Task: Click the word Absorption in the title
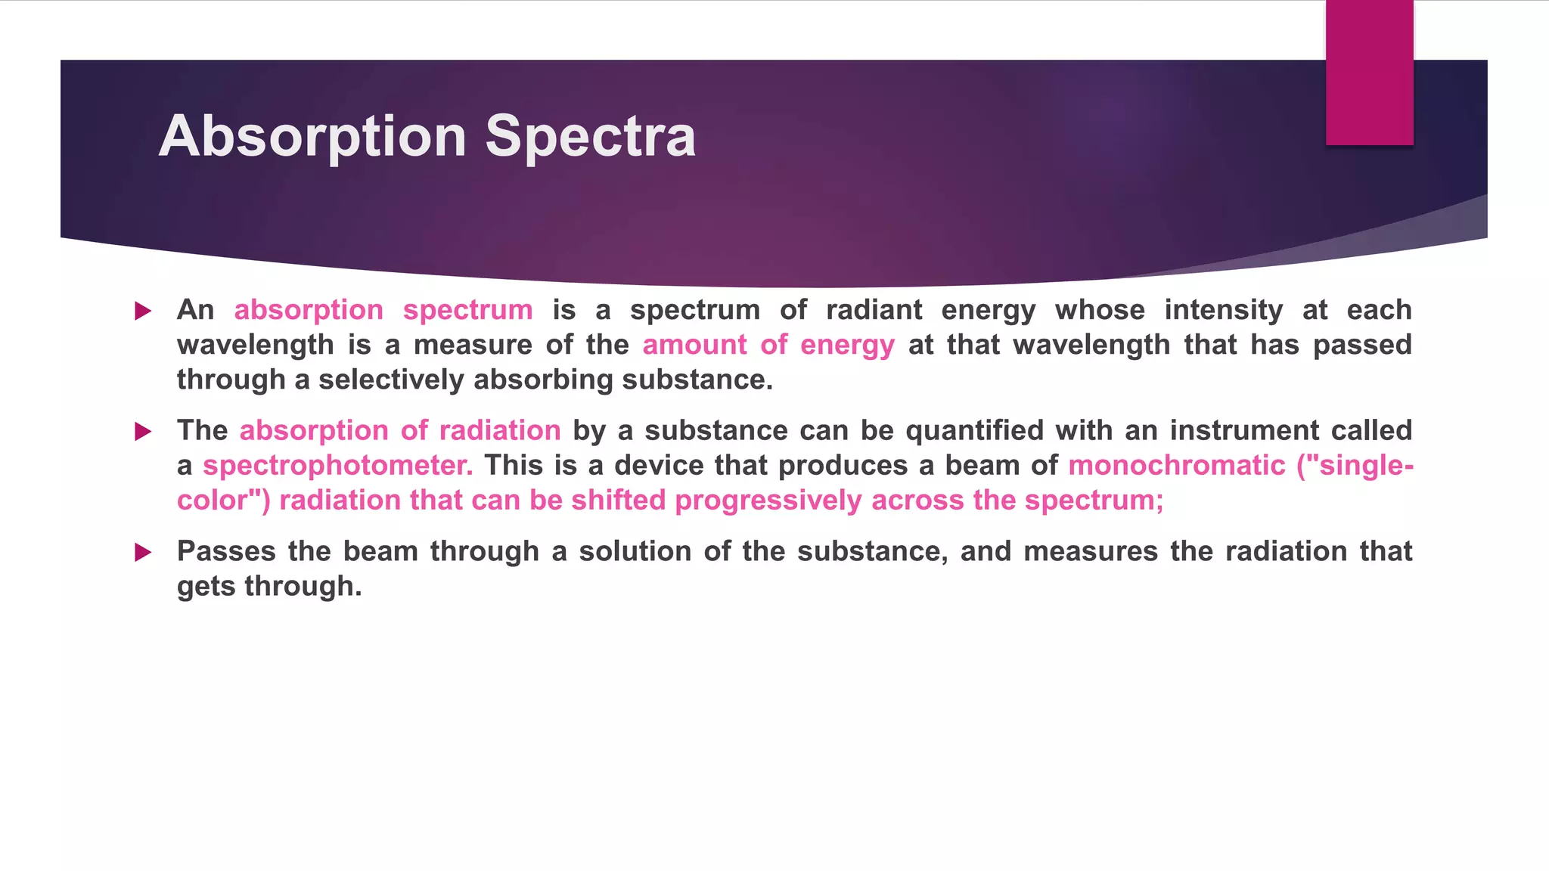click(x=312, y=137)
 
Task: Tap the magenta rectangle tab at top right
click(x=1369, y=73)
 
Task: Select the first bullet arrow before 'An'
click(x=143, y=311)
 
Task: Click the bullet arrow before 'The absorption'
click(x=143, y=432)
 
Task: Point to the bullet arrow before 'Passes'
click(x=143, y=553)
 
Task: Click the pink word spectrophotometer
click(x=337, y=466)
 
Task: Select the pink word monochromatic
click(x=1176, y=466)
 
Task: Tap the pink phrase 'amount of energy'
click(x=768, y=345)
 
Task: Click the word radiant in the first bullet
click(x=874, y=310)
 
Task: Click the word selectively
click(x=390, y=380)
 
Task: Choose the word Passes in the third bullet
click(x=226, y=551)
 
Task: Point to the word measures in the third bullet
click(x=1090, y=551)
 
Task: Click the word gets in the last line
click(x=206, y=587)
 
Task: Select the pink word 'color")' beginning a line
click(x=223, y=501)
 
